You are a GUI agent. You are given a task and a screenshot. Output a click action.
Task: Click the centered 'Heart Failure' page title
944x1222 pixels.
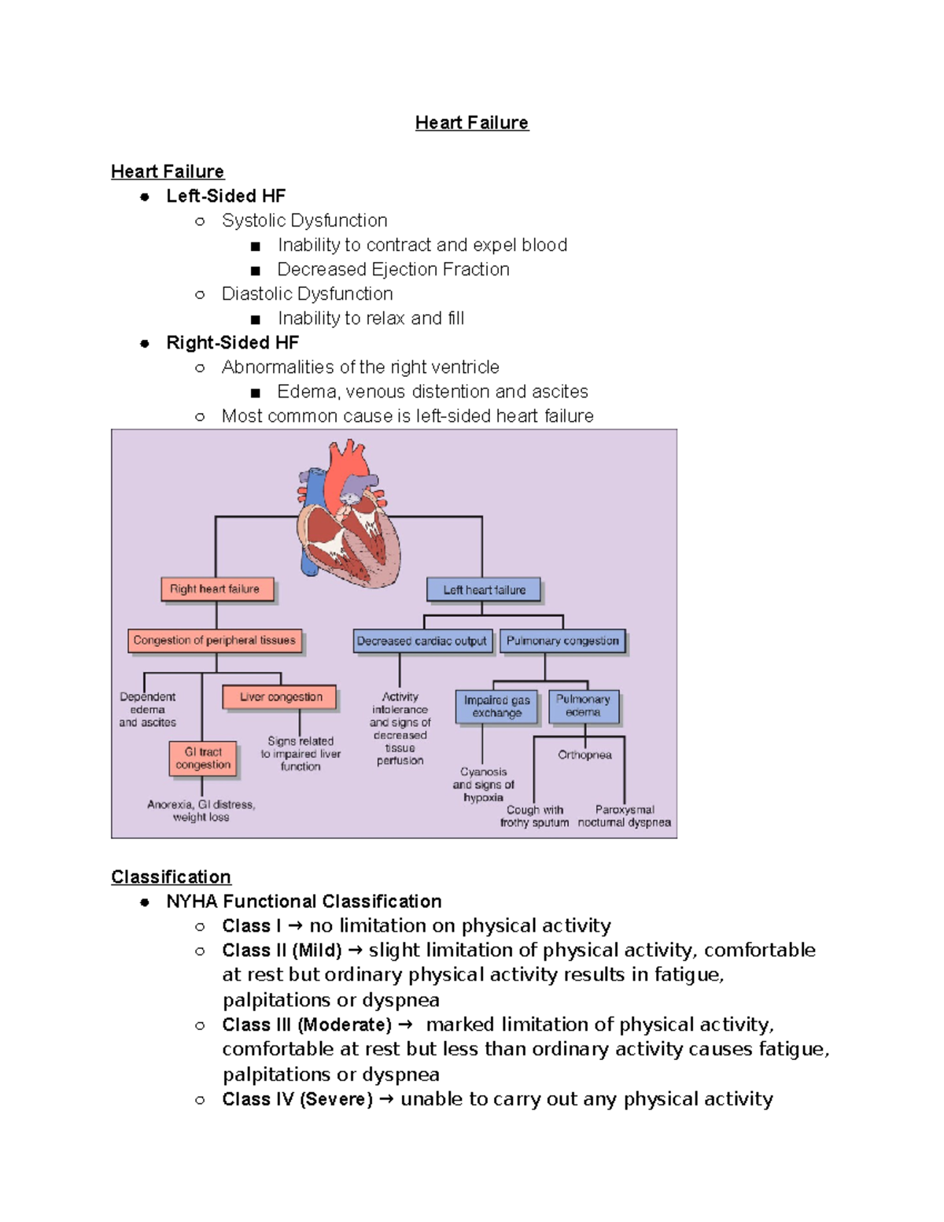[x=472, y=123]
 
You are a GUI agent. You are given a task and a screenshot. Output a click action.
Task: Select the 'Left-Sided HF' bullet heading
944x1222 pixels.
[x=225, y=196]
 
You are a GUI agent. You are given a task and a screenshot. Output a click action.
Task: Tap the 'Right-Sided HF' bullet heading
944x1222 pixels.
[x=232, y=342]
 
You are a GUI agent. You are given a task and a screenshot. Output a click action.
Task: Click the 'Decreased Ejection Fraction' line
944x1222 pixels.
[x=393, y=269]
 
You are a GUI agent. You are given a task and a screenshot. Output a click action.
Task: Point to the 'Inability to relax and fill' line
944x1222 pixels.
[x=371, y=318]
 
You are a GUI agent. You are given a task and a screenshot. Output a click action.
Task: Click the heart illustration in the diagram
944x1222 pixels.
[x=348, y=515]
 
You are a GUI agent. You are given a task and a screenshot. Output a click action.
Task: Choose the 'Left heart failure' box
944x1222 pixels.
[x=484, y=590]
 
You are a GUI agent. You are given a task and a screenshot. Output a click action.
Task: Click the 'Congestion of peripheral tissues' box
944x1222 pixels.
[x=215, y=641]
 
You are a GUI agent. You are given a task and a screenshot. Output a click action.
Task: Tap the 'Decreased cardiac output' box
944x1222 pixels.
[x=422, y=641]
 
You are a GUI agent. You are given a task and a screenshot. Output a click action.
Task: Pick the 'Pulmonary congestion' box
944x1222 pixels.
[x=562, y=641]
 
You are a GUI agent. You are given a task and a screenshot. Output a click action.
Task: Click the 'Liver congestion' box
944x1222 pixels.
[x=280, y=697]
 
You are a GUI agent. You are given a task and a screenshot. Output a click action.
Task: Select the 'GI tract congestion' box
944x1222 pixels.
[x=203, y=759]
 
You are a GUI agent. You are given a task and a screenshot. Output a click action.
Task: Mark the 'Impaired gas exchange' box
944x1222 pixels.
[x=496, y=707]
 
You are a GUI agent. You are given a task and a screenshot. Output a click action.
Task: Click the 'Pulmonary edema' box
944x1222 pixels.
[x=584, y=706]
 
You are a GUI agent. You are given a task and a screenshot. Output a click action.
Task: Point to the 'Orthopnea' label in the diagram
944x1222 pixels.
[x=584, y=755]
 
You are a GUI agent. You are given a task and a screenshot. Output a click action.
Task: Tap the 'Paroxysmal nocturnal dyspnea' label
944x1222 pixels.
[x=625, y=816]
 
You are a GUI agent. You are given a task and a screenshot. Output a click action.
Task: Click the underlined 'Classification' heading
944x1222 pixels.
[x=171, y=877]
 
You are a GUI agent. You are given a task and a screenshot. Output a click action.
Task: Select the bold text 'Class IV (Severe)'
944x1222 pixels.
[x=297, y=1099]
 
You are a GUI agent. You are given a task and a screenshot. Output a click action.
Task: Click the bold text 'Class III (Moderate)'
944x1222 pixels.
[x=306, y=1024]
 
